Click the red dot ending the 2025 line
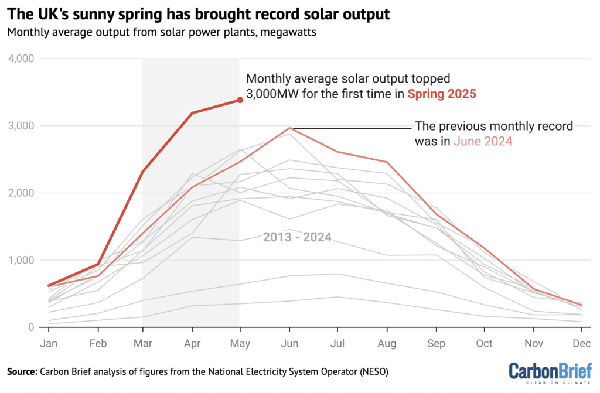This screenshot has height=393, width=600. coord(240,100)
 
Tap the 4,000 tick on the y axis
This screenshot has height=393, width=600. coord(21,59)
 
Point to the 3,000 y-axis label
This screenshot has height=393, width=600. coord(21,126)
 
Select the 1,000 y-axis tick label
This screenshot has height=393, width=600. coord(21,260)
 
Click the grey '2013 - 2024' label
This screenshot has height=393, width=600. coord(298,237)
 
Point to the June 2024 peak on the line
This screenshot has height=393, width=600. coord(289,128)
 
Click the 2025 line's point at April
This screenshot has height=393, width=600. coord(192,113)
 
